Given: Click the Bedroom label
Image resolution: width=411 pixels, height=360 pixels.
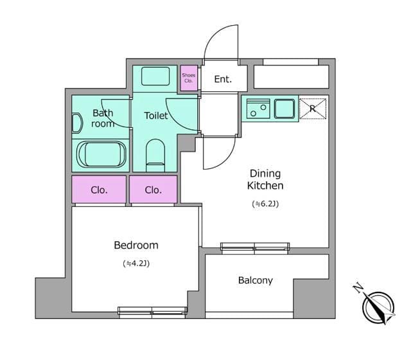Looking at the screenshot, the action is pos(136,246).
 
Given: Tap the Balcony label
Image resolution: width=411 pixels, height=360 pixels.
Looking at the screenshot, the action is pos(256,280).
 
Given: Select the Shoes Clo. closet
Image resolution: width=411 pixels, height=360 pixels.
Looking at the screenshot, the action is pos(189,78).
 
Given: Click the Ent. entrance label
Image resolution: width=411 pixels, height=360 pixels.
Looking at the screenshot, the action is pos(223,79).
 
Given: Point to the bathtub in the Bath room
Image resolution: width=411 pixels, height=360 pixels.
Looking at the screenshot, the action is pos(101,155).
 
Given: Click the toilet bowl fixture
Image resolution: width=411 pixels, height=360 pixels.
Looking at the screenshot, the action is pos(155,156).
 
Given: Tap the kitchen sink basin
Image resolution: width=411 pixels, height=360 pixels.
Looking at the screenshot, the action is pos(284,109).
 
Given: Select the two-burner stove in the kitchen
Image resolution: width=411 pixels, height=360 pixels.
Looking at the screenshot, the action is pos(258,109).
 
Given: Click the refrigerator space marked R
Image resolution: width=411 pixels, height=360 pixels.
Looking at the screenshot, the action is pos(313,109).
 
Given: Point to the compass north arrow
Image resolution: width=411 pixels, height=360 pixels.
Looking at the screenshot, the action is pos(378,307).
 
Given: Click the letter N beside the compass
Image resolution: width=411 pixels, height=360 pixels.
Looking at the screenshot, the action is pos(358,288).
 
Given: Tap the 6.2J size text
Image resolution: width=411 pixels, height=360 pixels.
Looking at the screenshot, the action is pos(265,204).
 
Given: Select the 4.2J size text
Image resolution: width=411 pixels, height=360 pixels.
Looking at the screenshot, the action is pos(136,263).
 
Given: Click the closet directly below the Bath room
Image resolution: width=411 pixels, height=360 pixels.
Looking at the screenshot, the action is pos(99,189).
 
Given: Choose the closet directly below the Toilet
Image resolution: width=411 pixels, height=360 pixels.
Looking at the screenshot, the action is pos(153,189).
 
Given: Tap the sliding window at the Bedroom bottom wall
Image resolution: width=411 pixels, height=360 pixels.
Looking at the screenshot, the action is pos(152,311).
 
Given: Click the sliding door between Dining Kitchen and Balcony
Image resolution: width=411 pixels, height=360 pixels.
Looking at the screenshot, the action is pos(255,247).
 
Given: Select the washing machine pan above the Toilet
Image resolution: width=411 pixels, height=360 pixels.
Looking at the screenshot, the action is pos(155,76).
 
